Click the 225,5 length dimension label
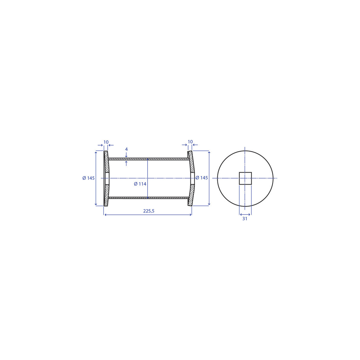(148, 211)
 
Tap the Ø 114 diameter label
(140, 184)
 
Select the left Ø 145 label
(88, 178)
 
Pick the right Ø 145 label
(202, 178)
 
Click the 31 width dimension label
(245, 219)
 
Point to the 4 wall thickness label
(126, 149)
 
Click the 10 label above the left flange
(106, 142)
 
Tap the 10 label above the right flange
(190, 142)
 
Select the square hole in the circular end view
(245, 178)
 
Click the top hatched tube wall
(148, 159)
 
